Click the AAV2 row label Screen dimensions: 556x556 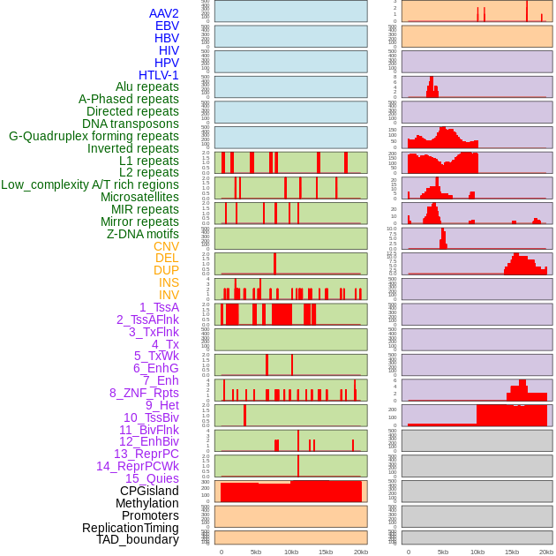164,13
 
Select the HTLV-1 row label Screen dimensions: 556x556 159,75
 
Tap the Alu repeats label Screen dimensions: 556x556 147,86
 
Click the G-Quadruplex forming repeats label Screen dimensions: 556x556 94,136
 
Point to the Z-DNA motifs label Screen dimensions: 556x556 143,234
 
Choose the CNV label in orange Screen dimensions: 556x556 166,246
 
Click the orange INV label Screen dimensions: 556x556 169,295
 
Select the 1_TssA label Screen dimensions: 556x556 159,307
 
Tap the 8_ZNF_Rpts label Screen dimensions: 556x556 144,393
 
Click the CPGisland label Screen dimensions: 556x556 149,491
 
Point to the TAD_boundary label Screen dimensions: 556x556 138,539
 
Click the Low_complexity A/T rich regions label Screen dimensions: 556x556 90,184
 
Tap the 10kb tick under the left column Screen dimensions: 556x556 291,552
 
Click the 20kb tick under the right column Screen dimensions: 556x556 546,552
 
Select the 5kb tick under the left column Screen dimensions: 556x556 256,552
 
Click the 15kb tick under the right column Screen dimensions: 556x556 512,552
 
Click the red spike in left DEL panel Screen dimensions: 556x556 274,264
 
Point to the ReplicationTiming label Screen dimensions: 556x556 131,528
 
